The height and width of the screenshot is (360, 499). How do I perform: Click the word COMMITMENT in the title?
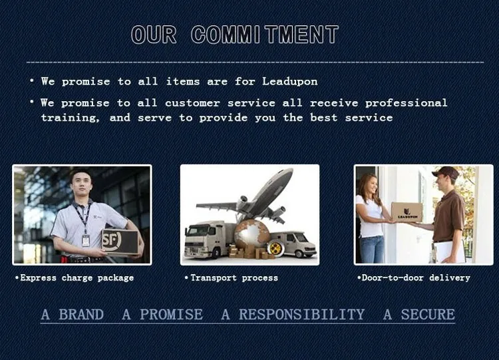[x=265, y=35]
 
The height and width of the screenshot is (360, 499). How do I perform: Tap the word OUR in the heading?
[x=154, y=35]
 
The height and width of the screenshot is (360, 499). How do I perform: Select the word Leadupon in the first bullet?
[x=290, y=82]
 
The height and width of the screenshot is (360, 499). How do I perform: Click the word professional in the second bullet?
[x=406, y=103]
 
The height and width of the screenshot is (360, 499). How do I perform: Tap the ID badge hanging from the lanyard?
[x=86, y=241]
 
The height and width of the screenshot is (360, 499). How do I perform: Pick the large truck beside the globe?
[x=210, y=240]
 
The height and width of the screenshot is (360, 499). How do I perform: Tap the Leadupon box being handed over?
[x=407, y=212]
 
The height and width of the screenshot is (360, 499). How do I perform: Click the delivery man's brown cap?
[x=446, y=172]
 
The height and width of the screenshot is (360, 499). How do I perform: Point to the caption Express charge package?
[x=75, y=278]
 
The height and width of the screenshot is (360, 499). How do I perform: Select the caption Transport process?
[x=232, y=278]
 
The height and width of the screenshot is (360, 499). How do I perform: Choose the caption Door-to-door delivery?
[x=414, y=278]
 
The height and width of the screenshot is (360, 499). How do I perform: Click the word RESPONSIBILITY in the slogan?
[x=301, y=315]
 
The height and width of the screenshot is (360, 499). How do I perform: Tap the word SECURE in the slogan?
[x=428, y=315]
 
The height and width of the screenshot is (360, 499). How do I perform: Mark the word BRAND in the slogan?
[x=81, y=315]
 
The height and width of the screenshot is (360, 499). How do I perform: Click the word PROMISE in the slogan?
[x=171, y=315]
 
